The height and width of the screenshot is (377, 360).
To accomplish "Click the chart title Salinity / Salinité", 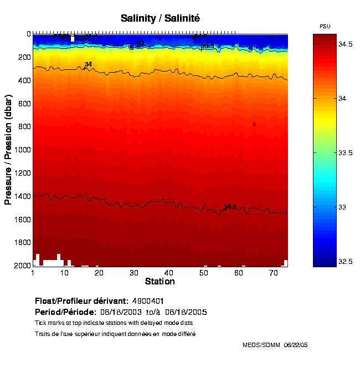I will [x=160, y=18].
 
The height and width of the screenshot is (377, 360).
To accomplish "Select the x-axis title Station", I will [x=160, y=282].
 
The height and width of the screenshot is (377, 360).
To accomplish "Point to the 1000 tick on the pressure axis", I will [x=22, y=150].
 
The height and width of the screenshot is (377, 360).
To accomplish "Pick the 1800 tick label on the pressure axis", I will [x=22, y=242].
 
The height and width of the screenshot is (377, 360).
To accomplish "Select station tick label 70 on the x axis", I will [x=273, y=273].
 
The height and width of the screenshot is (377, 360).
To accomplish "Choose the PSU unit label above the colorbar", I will [x=325, y=27].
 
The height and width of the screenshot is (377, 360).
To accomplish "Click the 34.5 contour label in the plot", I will [x=230, y=207].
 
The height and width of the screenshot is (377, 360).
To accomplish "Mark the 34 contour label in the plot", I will [x=88, y=64].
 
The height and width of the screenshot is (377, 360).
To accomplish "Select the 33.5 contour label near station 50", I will [x=207, y=46].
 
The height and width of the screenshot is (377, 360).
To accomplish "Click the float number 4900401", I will [x=148, y=301].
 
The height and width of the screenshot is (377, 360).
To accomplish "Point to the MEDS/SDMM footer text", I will [x=261, y=345].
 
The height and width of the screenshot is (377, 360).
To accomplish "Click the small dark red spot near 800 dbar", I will [x=254, y=124].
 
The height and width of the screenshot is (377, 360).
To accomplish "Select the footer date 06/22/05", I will [x=296, y=345].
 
